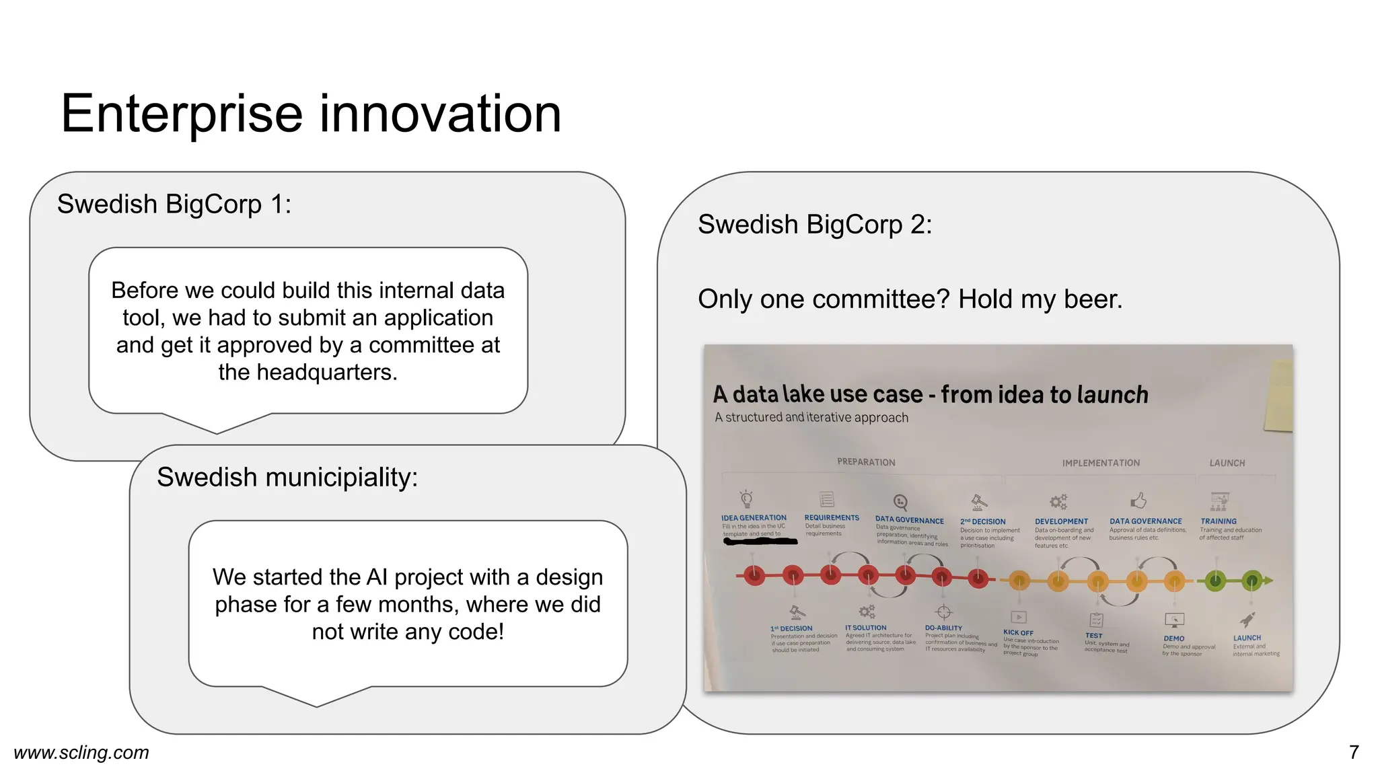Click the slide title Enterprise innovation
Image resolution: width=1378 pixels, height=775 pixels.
pos(311,114)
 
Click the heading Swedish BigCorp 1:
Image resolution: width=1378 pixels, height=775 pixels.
pos(174,205)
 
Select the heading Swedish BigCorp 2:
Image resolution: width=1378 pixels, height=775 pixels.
pos(815,225)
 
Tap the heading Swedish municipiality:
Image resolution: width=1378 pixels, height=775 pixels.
pos(287,478)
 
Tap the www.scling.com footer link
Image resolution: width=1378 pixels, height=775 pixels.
pos(81,752)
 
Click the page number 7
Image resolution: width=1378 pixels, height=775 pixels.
pos(1354,752)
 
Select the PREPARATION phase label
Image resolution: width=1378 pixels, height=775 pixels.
pos(866,462)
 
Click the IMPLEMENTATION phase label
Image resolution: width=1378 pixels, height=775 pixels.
pos(1101,463)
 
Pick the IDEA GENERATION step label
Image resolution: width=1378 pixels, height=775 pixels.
pos(754,518)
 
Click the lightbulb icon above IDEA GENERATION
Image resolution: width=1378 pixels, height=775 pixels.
pos(746,499)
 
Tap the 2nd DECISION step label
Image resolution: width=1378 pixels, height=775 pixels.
pos(982,521)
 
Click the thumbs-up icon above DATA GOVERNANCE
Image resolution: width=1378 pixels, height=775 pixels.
pos(1138,501)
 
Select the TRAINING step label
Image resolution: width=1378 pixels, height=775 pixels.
pos(1218,521)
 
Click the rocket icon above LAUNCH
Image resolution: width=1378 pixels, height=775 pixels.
pos(1247,620)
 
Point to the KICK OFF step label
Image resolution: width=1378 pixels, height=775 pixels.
pos(1018,632)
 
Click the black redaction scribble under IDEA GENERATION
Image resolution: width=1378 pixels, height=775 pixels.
pos(760,541)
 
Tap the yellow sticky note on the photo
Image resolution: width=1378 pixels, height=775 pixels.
pos(1279,397)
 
